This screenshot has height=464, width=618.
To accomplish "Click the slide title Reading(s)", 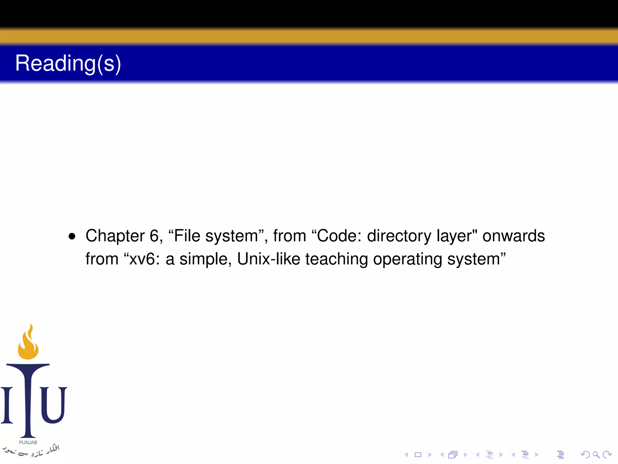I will pos(68,63).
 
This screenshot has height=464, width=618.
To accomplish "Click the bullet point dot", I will pos(72,236).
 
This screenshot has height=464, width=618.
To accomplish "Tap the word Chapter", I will pos(115,236).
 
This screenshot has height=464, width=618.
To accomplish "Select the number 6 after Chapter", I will pos(154,236).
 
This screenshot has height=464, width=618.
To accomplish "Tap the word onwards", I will pos(514,236).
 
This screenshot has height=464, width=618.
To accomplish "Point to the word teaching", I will pos(337,259).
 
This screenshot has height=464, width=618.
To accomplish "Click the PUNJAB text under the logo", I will pos(28,443).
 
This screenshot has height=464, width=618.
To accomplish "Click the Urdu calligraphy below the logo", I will pos(32,450).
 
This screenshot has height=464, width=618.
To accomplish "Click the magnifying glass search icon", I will pos(596,455).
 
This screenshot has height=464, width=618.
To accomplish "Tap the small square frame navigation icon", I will pos(418,455).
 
